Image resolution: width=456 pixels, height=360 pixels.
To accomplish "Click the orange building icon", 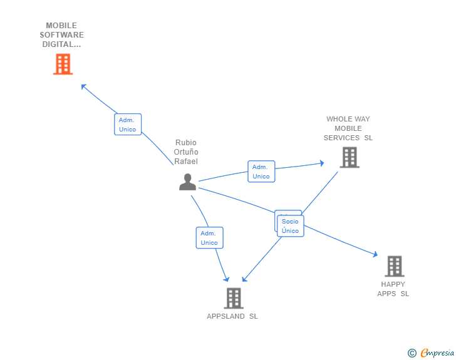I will pyautogui.click(x=63, y=64).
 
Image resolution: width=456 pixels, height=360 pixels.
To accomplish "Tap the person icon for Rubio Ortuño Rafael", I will pyautogui.click(x=187, y=182).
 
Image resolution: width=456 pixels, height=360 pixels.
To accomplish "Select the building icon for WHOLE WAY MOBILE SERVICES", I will pyautogui.click(x=349, y=157).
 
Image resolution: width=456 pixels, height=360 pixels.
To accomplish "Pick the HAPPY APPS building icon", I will pyautogui.click(x=394, y=266).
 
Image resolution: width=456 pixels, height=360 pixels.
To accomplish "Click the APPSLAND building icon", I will pyautogui.click(x=233, y=298).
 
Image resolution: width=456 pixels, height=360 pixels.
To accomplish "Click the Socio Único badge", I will pyautogui.click(x=290, y=226).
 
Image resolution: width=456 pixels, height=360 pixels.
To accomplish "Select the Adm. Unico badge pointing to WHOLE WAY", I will pyautogui.click(x=261, y=172).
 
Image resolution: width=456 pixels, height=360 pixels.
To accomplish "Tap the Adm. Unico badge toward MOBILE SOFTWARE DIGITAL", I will pyautogui.click(x=128, y=125).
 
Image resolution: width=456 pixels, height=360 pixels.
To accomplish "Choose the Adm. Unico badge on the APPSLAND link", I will pyautogui.click(x=209, y=238).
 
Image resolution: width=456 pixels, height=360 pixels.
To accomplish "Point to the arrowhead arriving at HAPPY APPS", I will pyautogui.click(x=375, y=255).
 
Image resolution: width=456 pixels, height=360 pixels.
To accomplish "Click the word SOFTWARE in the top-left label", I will pyautogui.click(x=61, y=35).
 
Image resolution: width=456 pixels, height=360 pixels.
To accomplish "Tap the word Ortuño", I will pyautogui.click(x=186, y=152).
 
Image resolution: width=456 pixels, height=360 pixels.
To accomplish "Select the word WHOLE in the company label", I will pyautogui.click(x=339, y=119).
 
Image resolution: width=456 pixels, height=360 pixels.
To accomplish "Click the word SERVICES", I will pyautogui.click(x=341, y=138).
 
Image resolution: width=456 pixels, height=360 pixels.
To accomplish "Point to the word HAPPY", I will pyautogui.click(x=393, y=284).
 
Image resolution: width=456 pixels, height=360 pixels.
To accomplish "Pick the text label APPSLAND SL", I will pyautogui.click(x=232, y=316).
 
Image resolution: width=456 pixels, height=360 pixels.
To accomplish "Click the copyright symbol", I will pyautogui.click(x=412, y=353).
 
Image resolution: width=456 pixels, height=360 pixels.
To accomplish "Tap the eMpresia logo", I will pyautogui.click(x=437, y=353).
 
